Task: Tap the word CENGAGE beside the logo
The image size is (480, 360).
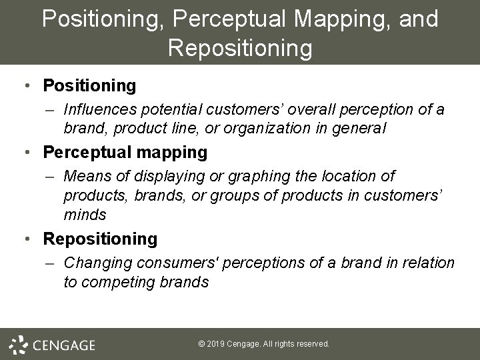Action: tap(64, 345)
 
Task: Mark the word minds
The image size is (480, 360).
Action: tap(85, 215)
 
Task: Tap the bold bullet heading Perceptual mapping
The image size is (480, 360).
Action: tap(125, 153)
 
